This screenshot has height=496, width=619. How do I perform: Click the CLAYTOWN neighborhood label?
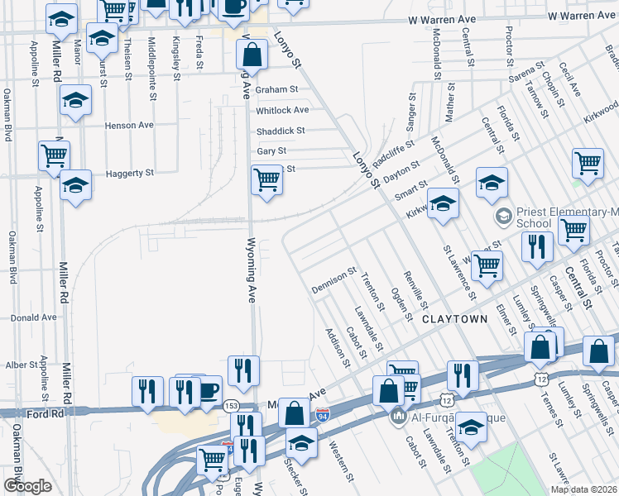tap(454, 318)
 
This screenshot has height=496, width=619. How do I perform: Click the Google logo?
tap(27, 486)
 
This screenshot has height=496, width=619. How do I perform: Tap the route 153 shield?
tap(231, 405)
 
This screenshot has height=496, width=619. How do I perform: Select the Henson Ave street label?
tap(129, 126)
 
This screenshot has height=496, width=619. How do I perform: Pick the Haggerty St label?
tap(130, 174)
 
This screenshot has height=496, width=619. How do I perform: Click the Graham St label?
tap(276, 89)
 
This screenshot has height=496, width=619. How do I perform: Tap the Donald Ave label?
tap(34, 317)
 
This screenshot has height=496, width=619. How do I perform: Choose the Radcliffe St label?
tap(392, 150)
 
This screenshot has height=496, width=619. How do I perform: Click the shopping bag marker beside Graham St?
tap(252, 55)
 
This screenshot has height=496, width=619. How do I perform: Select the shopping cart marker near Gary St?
tap(266, 179)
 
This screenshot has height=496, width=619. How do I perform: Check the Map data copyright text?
tap(583, 489)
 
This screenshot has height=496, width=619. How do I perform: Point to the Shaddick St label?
tap(281, 131)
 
